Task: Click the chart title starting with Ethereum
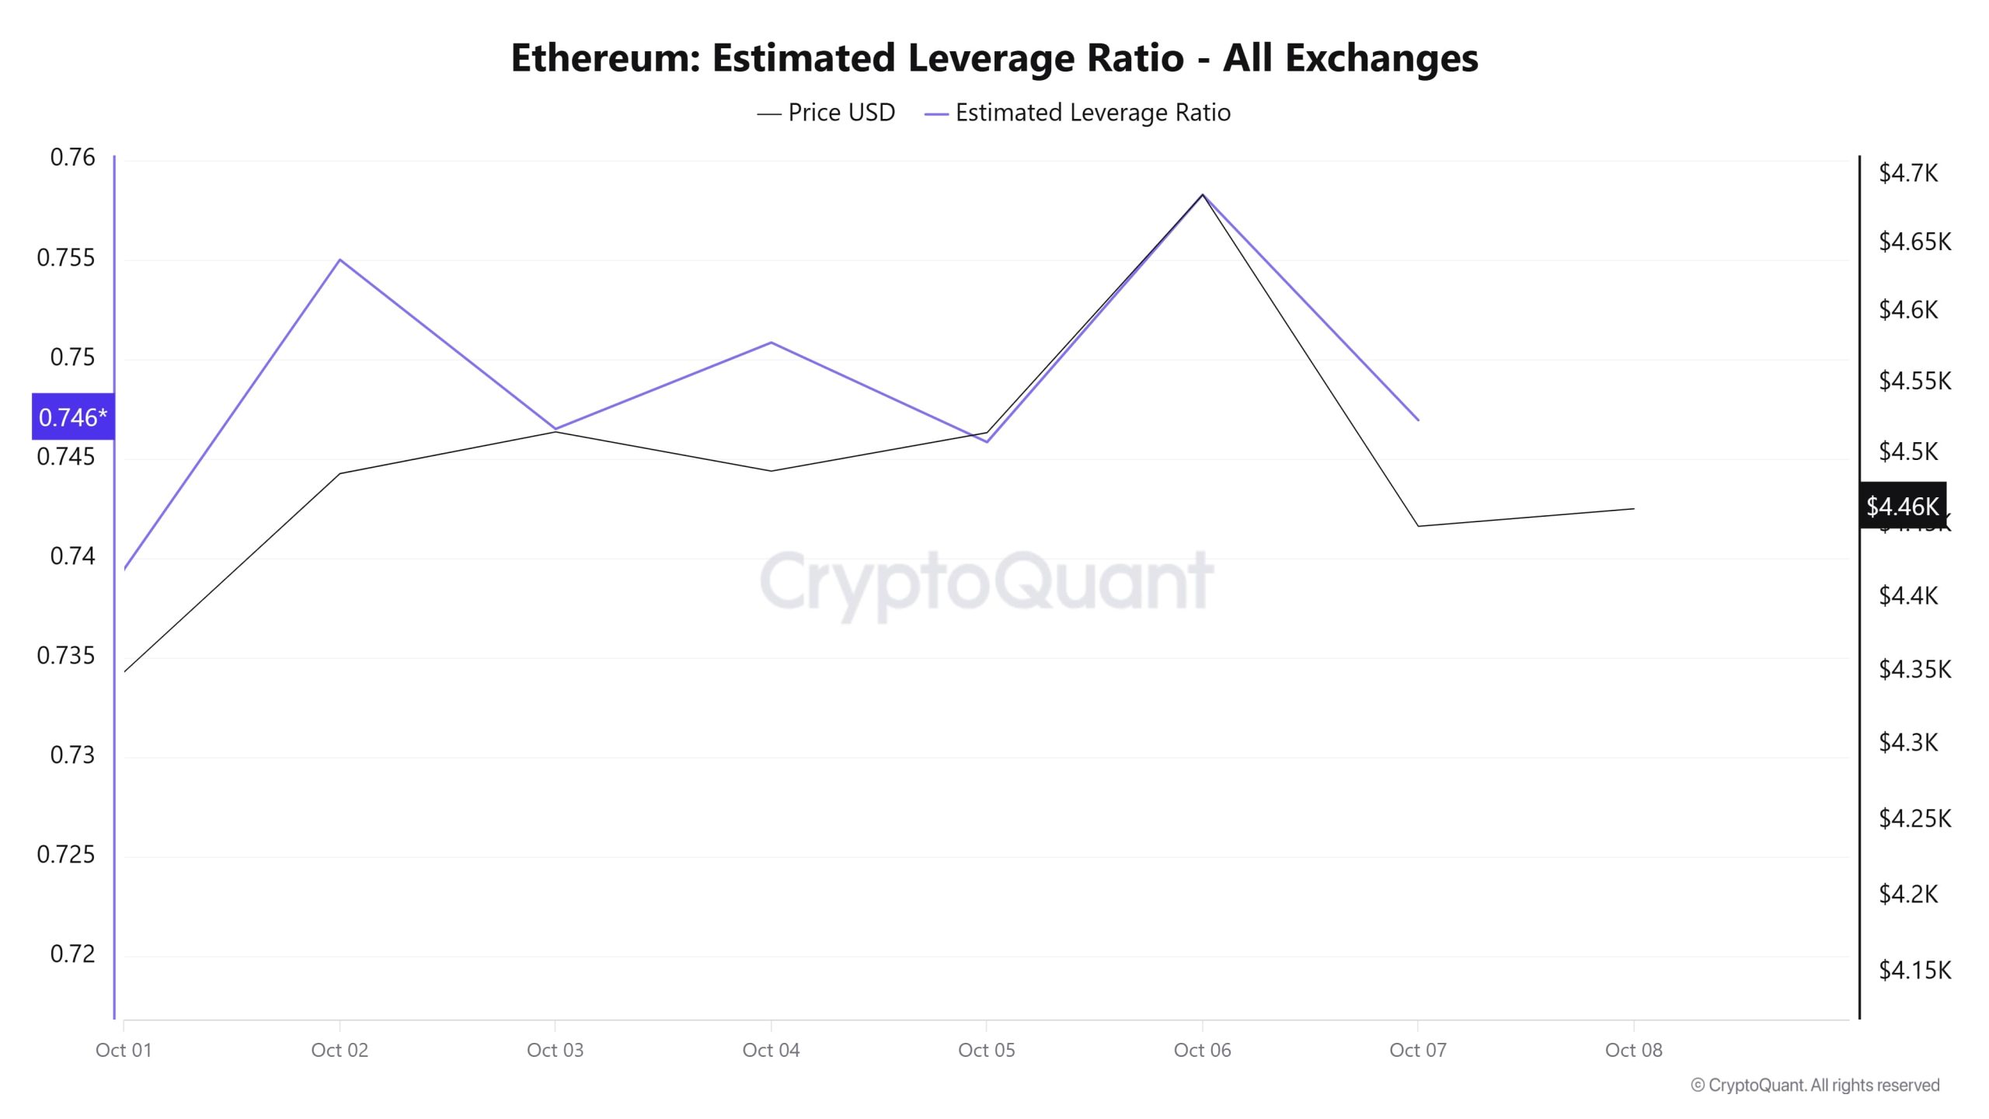coord(994,58)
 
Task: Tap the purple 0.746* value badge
coord(73,417)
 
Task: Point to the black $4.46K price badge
coord(1901,506)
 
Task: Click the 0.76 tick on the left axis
coord(72,158)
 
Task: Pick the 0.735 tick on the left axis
coord(66,656)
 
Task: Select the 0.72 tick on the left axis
coord(72,954)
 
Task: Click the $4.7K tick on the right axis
coord(1907,173)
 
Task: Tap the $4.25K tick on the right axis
coord(1914,818)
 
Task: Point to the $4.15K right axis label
coord(1914,970)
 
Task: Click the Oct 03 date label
coord(555,1051)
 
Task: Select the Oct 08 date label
coord(1633,1051)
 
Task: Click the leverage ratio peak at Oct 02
coord(340,260)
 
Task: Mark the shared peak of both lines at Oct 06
coord(1203,194)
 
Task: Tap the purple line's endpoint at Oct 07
coord(1418,420)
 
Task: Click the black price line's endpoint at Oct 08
coord(1633,509)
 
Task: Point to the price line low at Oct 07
coord(1418,526)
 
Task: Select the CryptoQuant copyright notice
coord(1814,1086)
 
